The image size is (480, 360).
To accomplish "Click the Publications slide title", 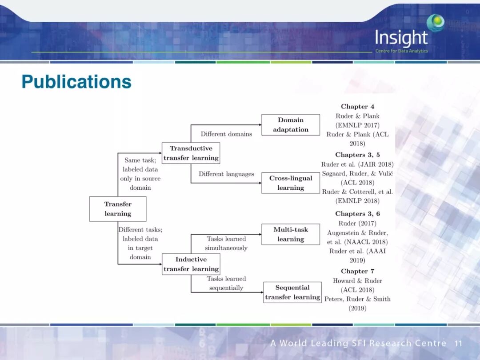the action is [76, 82].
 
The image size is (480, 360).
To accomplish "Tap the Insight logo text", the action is [401, 38].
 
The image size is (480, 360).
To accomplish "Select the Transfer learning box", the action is [118, 209].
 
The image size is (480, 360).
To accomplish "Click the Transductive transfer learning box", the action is [191, 153].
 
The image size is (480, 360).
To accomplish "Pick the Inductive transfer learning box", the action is [191, 264].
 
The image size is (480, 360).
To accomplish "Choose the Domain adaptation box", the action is [291, 125].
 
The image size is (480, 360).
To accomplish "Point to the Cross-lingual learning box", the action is [291, 183].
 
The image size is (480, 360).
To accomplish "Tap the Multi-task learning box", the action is [291, 234].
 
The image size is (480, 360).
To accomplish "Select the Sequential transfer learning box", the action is [292, 292].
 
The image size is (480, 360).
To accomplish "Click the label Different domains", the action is [226, 134].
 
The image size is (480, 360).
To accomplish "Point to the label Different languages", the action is [226, 174].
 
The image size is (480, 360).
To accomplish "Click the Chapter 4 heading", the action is [357, 107].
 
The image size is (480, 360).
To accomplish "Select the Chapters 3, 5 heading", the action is [357, 155].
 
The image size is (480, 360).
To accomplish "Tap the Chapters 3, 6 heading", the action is [357, 214].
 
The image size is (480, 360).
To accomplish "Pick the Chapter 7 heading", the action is [357, 271].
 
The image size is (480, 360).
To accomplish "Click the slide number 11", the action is [459, 344].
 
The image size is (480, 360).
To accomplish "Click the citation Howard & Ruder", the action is [357, 280].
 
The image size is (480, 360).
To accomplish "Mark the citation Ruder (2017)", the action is [357, 223].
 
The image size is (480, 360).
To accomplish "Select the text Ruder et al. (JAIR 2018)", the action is [357, 164].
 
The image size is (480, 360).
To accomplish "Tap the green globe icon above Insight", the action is [435, 22].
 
